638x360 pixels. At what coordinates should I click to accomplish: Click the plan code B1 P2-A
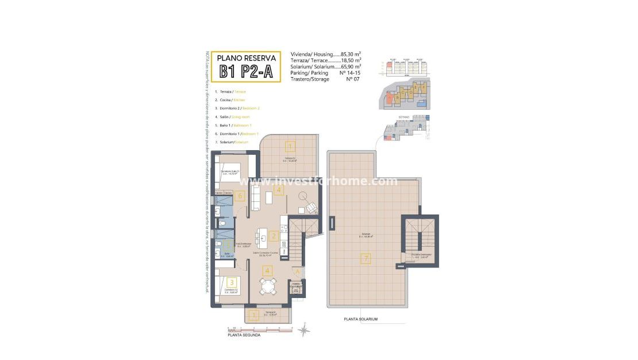(x=245, y=71)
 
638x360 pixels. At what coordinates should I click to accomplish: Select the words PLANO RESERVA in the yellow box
(x=245, y=58)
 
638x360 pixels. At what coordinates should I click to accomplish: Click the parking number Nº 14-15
(x=350, y=72)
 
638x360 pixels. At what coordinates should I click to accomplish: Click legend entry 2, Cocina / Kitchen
(x=230, y=100)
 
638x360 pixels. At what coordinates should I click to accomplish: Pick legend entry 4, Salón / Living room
(x=233, y=117)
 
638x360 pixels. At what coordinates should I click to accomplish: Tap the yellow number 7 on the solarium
(x=366, y=259)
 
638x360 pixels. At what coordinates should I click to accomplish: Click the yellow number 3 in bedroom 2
(x=231, y=282)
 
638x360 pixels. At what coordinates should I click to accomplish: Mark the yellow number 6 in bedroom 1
(x=240, y=196)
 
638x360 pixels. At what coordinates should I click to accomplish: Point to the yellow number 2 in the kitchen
(x=274, y=236)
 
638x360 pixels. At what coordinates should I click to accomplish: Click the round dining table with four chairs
(x=267, y=285)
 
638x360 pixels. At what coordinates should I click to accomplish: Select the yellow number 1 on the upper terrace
(x=290, y=146)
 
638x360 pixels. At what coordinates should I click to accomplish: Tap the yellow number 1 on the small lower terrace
(x=253, y=315)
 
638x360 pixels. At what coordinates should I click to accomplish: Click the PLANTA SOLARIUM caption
(x=360, y=319)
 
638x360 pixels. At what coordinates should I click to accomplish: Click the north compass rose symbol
(x=305, y=330)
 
